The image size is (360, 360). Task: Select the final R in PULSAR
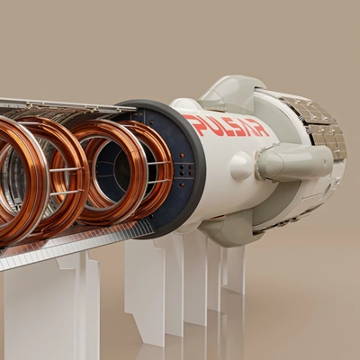[260, 129]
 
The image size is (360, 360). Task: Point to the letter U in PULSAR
[206, 123]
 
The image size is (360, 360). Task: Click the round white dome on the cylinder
[241, 166]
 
